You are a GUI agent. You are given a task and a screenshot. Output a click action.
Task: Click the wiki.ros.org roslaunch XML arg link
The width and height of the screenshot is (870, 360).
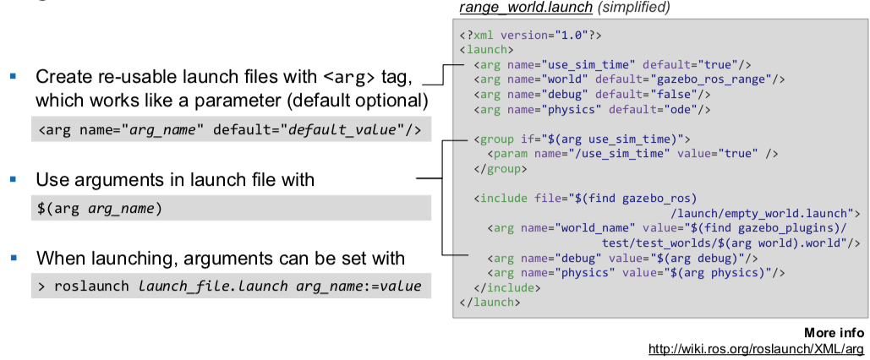[756, 350]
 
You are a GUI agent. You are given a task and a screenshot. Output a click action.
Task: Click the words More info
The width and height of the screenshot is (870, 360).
[834, 333]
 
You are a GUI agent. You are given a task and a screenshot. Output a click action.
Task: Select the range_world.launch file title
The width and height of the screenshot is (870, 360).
[525, 8]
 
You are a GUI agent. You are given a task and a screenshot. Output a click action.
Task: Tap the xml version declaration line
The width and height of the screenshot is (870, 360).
[530, 35]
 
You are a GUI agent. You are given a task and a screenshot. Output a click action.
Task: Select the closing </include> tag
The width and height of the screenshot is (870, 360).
[506, 288]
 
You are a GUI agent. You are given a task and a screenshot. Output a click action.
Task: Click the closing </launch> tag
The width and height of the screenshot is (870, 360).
[490, 303]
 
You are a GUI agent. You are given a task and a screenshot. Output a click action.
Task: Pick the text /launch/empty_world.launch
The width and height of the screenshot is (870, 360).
[761, 214]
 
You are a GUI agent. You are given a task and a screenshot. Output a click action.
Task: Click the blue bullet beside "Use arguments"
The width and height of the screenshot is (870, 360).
[14, 179]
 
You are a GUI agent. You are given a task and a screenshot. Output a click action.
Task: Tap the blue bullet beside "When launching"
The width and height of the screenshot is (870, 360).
[14, 258]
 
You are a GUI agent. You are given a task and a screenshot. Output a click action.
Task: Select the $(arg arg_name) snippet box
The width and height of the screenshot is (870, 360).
[231, 208]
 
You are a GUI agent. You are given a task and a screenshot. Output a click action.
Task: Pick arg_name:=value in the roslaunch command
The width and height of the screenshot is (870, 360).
[358, 286]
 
